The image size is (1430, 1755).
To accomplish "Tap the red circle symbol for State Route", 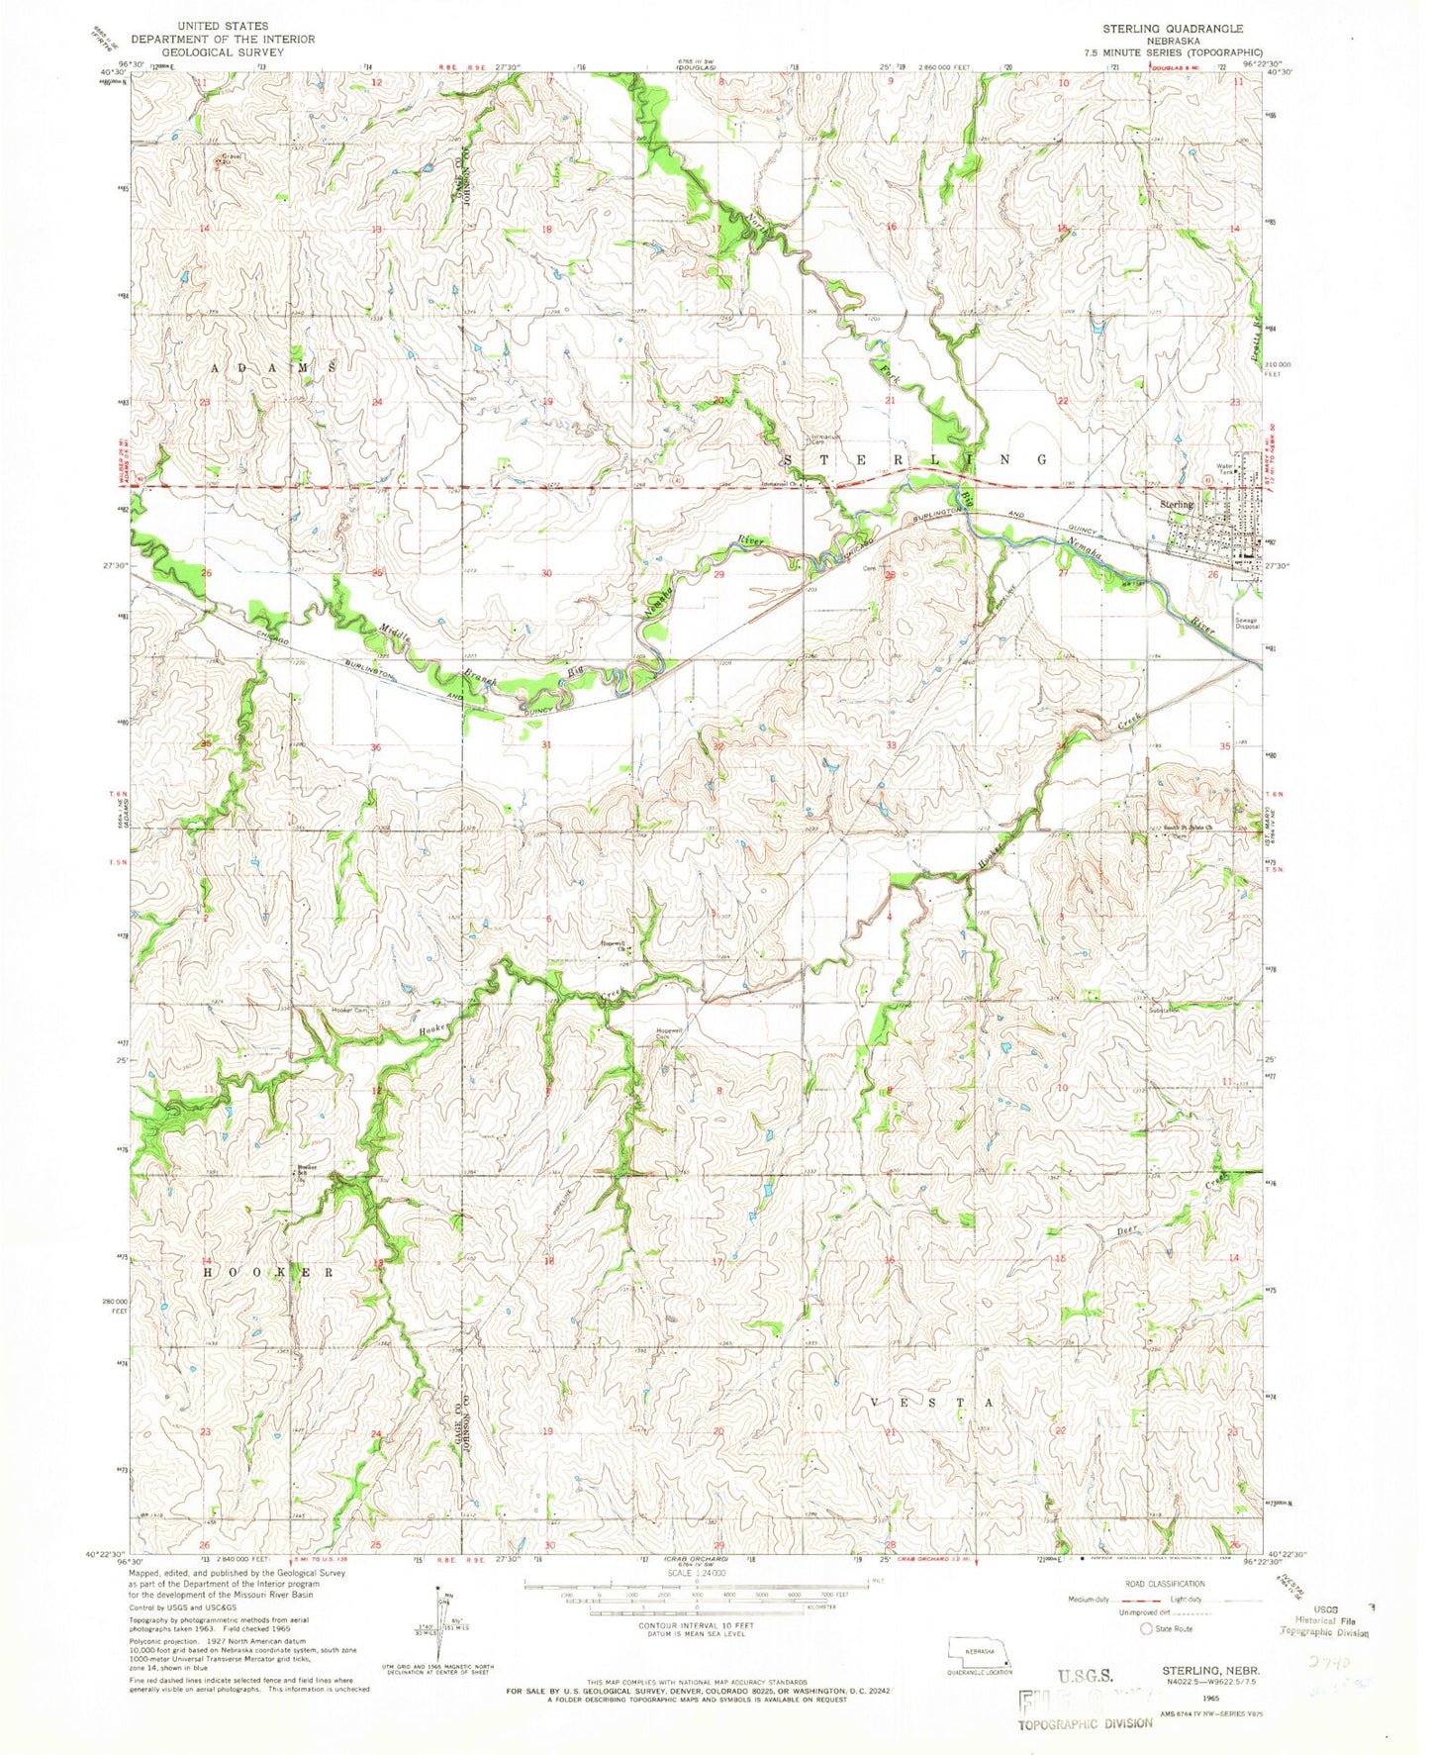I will [1147, 1627].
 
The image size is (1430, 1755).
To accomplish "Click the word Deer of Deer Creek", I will [1123, 1231].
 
